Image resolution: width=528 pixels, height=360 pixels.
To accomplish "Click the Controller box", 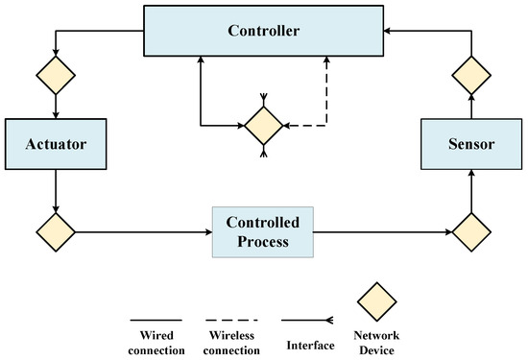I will [264, 31].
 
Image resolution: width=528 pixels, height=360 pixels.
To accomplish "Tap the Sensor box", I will [471, 145].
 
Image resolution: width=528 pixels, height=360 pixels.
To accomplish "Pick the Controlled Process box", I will [262, 231].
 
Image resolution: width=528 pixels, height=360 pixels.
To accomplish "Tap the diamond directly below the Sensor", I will [471, 231].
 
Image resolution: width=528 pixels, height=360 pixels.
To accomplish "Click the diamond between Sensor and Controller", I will [471, 74].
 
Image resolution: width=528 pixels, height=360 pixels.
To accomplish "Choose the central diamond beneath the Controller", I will [263, 125].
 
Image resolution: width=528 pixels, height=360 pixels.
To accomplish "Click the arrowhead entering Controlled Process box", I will [206, 231].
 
